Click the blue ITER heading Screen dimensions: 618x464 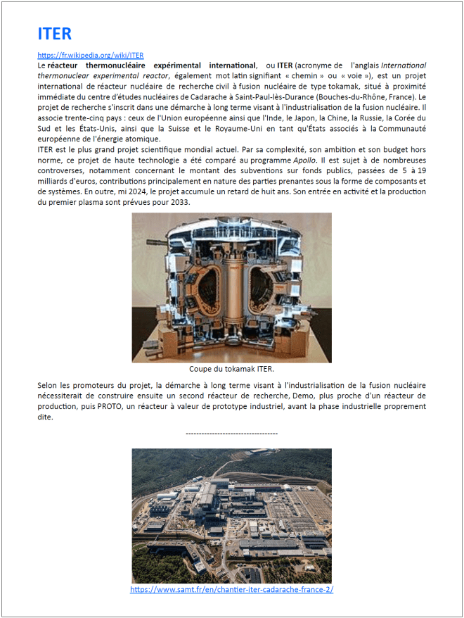point(55,34)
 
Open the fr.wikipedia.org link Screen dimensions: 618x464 point(91,55)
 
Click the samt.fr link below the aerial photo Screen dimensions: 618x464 point(231,589)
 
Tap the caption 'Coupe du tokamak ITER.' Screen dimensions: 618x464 point(231,368)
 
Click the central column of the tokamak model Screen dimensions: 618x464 point(231,289)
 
